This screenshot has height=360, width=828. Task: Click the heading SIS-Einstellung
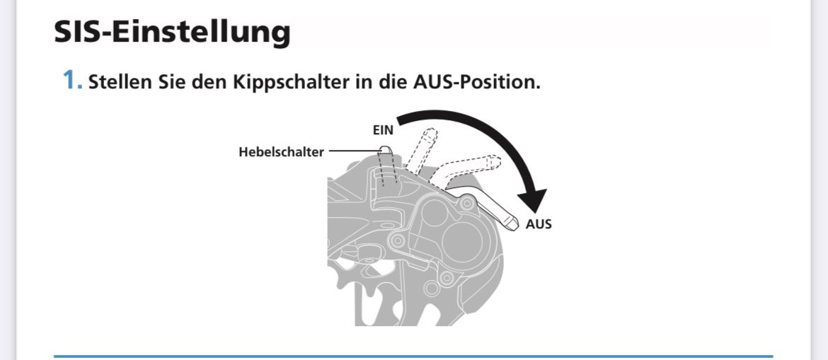172,32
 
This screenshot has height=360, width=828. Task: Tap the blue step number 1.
71,81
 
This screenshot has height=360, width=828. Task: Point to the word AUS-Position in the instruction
476,81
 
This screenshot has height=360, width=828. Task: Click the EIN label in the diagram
383,130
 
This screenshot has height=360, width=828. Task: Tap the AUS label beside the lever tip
539,224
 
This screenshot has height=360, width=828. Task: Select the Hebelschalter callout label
281,151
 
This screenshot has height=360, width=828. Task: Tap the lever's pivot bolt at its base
466,204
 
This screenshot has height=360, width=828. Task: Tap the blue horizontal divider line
413,356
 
